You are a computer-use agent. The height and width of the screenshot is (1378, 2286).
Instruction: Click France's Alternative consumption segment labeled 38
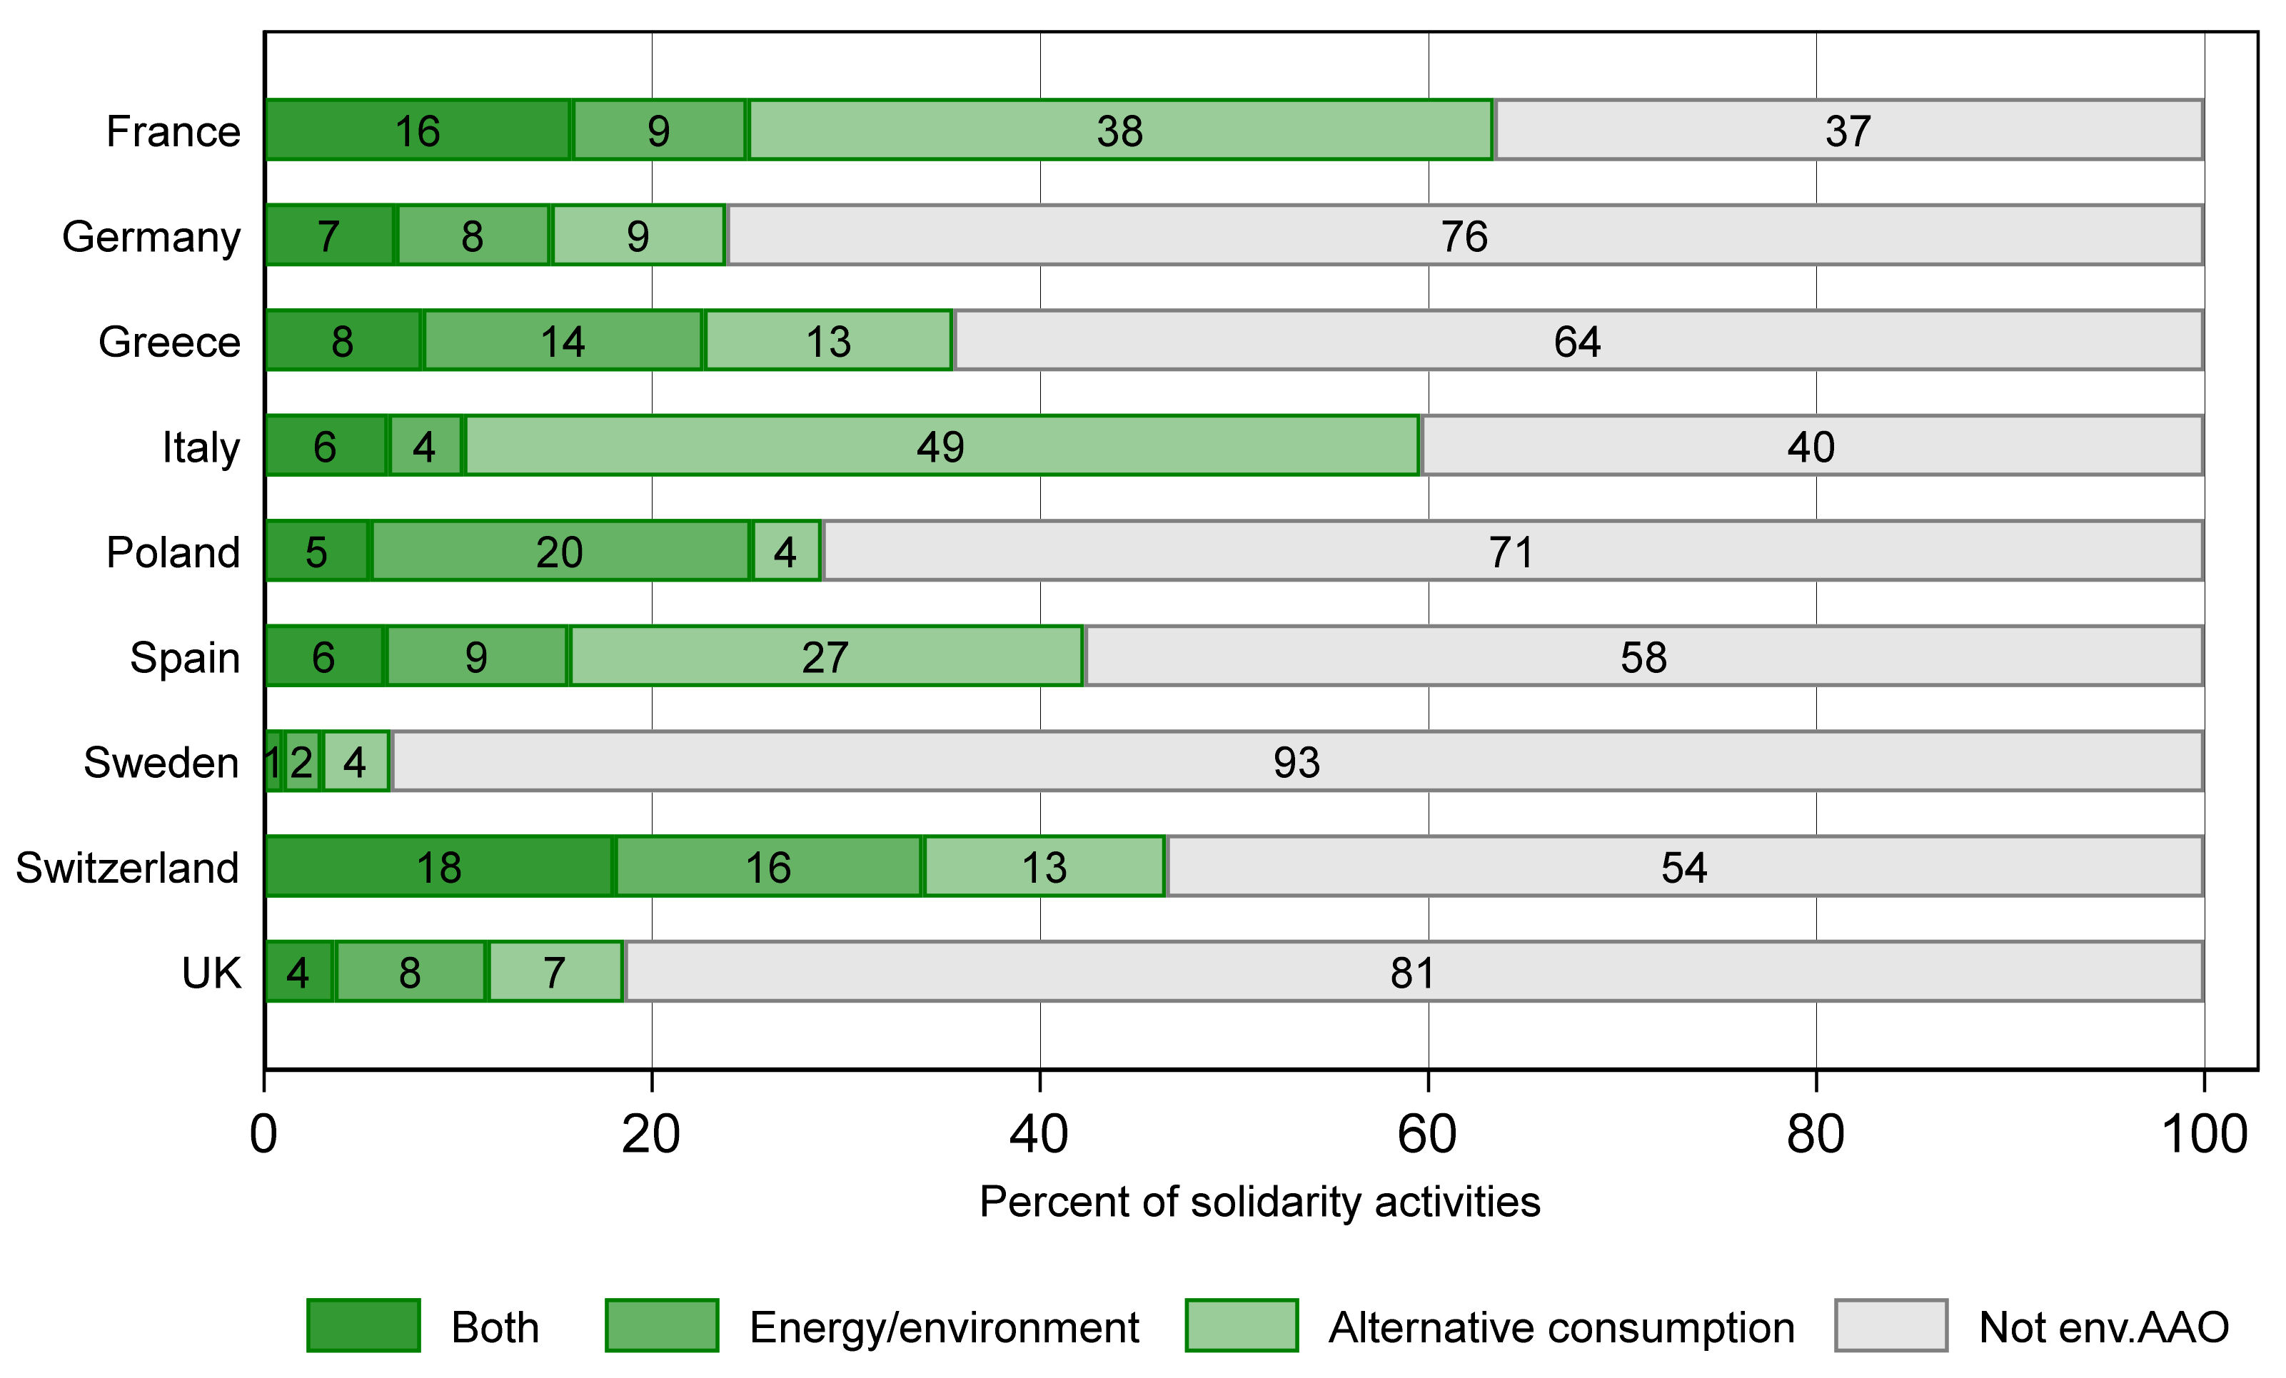point(1120,130)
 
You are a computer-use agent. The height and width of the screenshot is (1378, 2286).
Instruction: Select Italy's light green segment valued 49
point(941,446)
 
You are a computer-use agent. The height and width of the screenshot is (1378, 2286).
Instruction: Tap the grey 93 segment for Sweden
point(1296,761)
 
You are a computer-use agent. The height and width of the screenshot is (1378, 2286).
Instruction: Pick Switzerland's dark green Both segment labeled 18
point(439,867)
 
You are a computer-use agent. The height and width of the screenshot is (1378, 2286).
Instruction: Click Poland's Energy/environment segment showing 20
point(560,552)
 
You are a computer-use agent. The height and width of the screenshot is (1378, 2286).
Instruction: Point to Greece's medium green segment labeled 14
point(563,340)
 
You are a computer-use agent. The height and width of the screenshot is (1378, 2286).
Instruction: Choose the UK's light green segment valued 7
point(555,972)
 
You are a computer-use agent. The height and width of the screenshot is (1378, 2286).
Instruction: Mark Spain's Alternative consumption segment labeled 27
point(825,657)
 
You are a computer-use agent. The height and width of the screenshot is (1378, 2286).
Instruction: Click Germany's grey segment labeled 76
point(1464,235)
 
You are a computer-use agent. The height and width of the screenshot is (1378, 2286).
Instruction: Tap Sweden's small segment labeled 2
point(301,761)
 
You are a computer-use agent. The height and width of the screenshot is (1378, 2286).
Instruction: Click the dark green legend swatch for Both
point(363,1326)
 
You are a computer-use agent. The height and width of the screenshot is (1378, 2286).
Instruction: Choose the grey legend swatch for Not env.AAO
point(1890,1326)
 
